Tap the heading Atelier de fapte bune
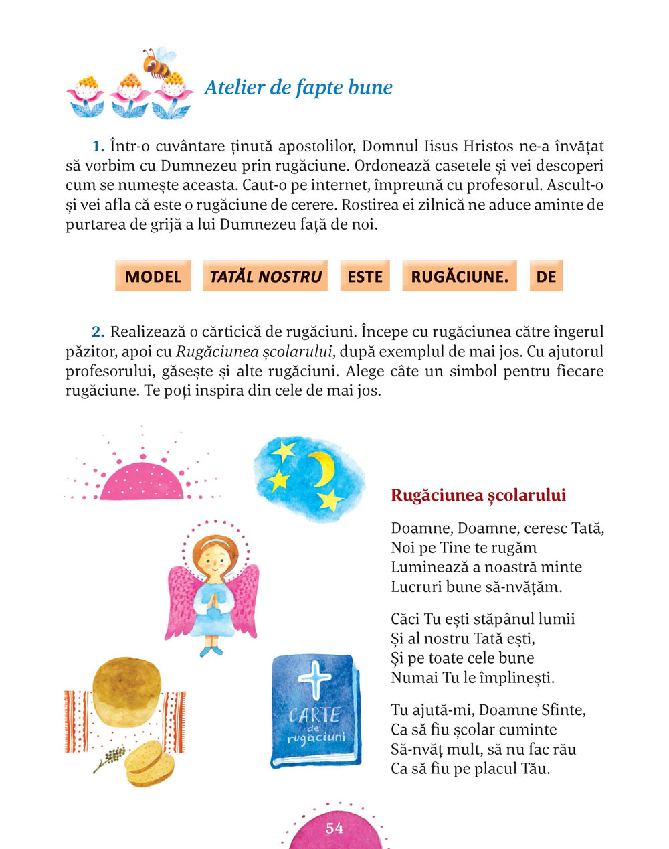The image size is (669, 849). pos(298,88)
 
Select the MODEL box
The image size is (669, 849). pos(153,277)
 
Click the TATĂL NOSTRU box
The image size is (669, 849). pos(266,277)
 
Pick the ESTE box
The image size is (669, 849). pos(365,277)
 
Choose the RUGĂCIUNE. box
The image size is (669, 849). pos(460,277)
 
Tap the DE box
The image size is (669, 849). pos(546,277)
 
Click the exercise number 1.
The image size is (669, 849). pos(98,146)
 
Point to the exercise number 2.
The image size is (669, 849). pos(98,331)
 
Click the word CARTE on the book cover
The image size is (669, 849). pos(314,716)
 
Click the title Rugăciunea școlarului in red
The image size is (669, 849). pos(478,495)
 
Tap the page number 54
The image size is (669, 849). pos(334,828)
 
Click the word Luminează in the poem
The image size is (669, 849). pos(427,567)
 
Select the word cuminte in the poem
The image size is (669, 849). pos(531,730)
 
